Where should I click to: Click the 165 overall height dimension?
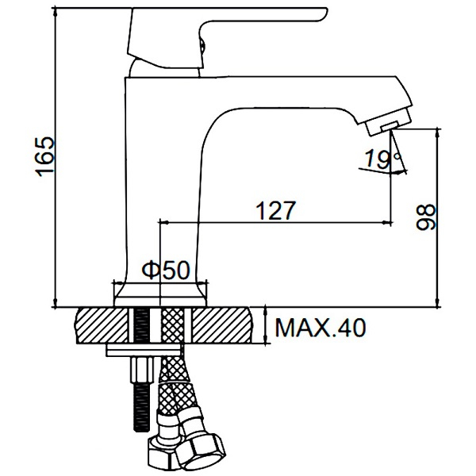[x=45, y=156]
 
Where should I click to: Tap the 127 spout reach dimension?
[x=275, y=210]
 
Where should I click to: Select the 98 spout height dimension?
[x=425, y=217]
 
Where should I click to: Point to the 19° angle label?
[x=382, y=159]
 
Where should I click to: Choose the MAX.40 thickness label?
[x=321, y=327]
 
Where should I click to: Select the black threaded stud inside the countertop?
[x=141, y=325]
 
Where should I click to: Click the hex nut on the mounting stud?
[x=142, y=370]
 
